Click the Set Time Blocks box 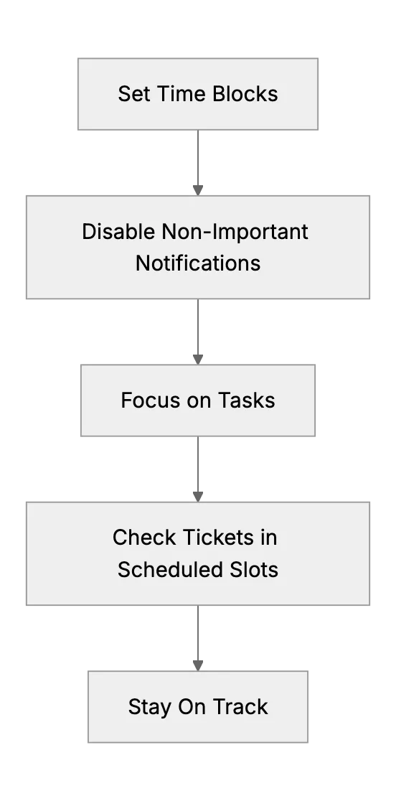click(x=198, y=94)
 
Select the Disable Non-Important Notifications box click(x=198, y=247)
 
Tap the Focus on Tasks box click(x=198, y=400)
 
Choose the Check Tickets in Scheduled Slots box click(x=198, y=554)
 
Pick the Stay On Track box click(x=198, y=706)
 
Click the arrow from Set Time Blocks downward click(x=198, y=163)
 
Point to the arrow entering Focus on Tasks click(x=198, y=332)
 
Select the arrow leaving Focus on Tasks click(x=198, y=469)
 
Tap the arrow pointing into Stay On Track click(x=198, y=639)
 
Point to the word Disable click(x=119, y=231)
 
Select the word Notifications click(x=198, y=263)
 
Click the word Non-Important click(x=235, y=233)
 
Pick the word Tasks click(x=247, y=400)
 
